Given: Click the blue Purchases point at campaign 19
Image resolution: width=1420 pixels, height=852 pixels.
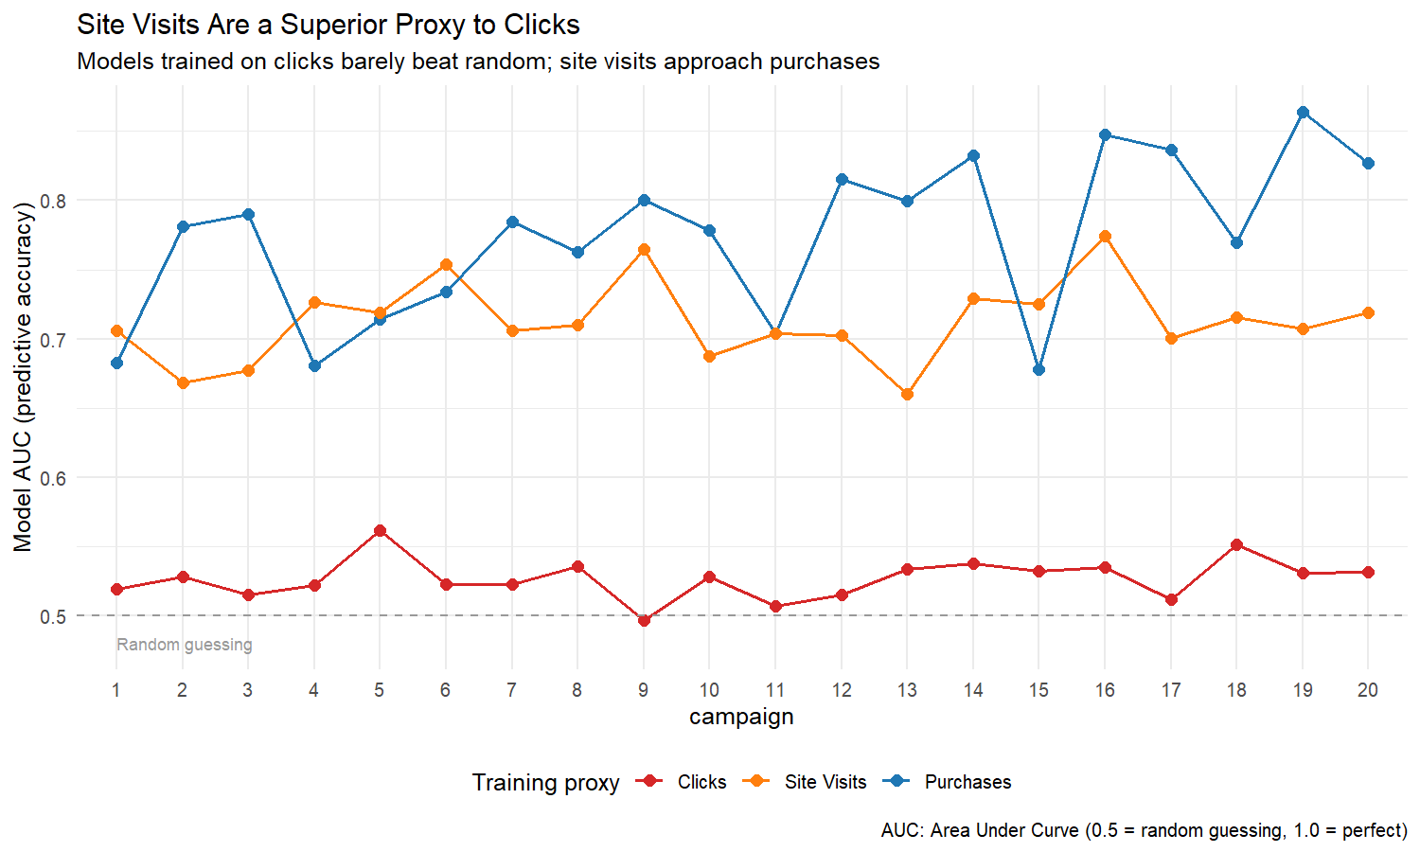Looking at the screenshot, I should (x=1303, y=113).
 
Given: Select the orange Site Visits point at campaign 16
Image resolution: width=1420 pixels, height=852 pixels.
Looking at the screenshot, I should (x=1105, y=237).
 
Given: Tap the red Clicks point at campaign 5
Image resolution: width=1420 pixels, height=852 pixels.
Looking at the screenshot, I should (x=380, y=531).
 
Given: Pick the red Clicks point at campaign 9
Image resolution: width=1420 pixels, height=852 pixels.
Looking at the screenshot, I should (x=644, y=620).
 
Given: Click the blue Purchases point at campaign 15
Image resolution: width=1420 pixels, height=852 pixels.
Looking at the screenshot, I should (x=1038, y=370).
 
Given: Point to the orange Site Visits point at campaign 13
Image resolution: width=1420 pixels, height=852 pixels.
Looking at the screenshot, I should (x=907, y=394).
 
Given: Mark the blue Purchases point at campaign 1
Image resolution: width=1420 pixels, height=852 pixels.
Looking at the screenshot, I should (x=116, y=364).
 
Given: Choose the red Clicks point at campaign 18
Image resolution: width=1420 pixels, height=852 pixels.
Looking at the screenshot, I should (x=1236, y=545).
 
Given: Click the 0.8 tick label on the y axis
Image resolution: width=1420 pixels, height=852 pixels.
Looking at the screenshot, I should (x=53, y=201).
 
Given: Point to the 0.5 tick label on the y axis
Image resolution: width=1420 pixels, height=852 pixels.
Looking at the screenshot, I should (x=53, y=616).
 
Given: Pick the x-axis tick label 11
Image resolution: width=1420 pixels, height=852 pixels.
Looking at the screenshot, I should (x=775, y=690).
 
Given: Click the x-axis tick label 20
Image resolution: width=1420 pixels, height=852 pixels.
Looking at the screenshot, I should (x=1368, y=690).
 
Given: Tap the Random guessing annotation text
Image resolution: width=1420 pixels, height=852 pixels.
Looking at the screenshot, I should (x=185, y=645).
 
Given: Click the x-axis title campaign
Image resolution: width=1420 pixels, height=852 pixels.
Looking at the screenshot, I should (x=741, y=717).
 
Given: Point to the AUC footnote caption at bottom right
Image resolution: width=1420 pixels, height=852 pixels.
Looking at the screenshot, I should (x=1144, y=830).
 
